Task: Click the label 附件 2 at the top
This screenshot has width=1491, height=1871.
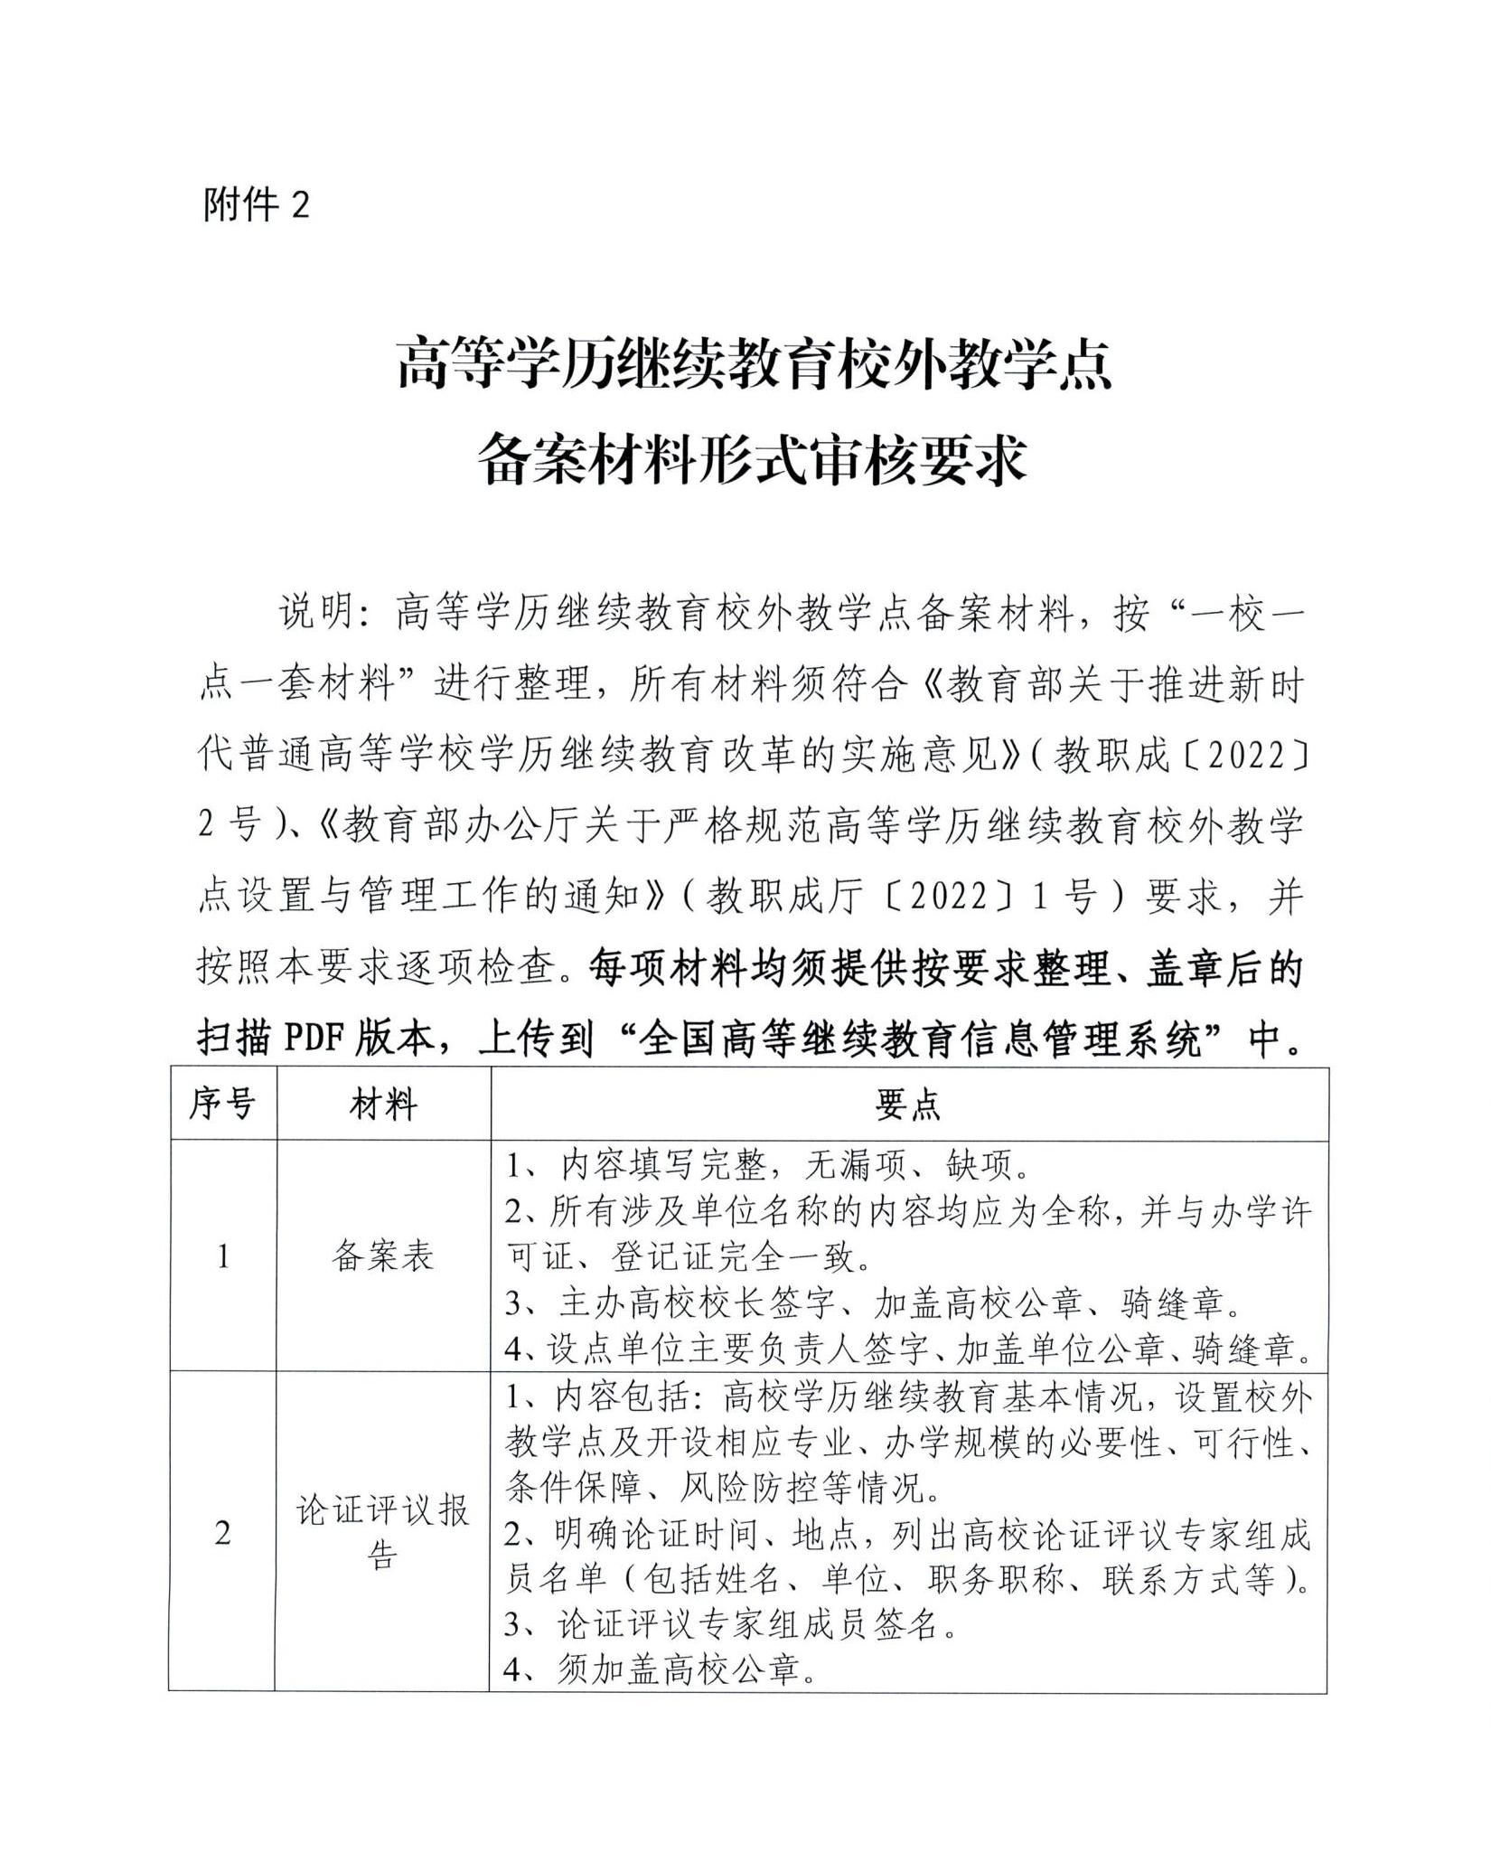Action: pyautogui.click(x=257, y=206)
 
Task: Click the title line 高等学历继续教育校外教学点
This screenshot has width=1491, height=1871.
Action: pyautogui.click(x=754, y=363)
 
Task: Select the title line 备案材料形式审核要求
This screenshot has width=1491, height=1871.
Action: pyautogui.click(x=754, y=459)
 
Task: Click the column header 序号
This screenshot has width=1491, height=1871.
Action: pyautogui.click(x=222, y=1104)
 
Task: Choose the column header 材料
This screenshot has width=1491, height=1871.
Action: pyautogui.click(x=383, y=1104)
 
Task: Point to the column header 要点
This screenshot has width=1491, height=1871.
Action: pyautogui.click(x=908, y=1104)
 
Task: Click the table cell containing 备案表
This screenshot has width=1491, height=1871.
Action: pyautogui.click(x=383, y=1256)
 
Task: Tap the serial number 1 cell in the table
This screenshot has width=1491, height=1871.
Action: pyautogui.click(x=222, y=1256)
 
